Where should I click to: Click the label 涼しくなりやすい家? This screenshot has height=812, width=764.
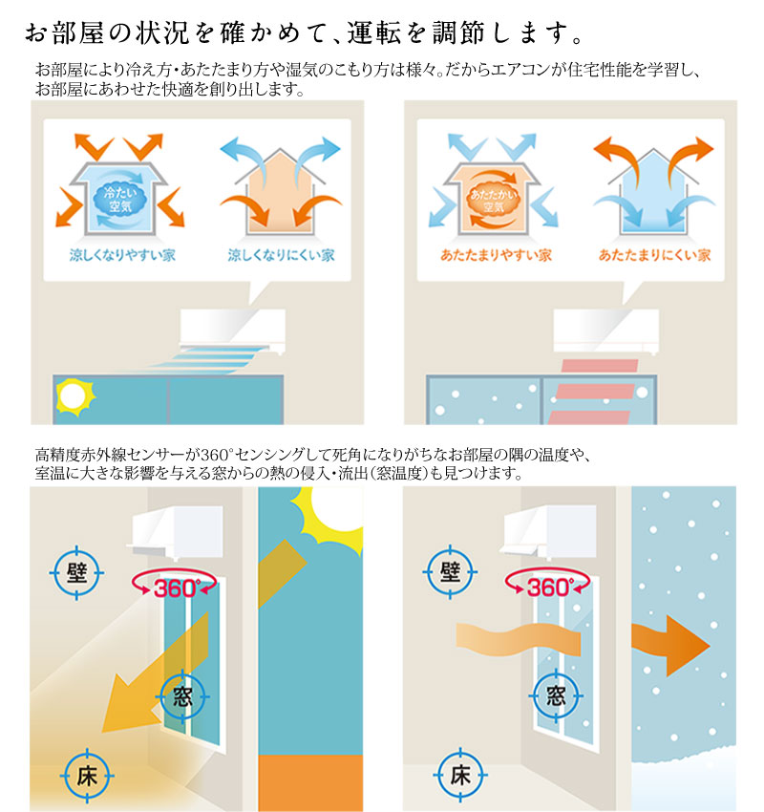122,255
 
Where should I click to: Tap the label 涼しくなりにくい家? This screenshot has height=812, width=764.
281,255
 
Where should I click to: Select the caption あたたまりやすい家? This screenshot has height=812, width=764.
496,255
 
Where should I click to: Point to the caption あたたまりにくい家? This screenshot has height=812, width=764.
654,255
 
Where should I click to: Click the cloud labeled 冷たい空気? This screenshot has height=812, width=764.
120,200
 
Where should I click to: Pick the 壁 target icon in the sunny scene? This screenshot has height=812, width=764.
76,572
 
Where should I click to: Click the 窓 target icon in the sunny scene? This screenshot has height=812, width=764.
182,696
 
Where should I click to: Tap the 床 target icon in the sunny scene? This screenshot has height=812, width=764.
87,776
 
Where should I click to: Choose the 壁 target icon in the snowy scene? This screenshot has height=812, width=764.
450,572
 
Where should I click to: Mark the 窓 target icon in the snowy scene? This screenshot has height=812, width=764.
556,696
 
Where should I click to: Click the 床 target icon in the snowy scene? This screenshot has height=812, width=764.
460,776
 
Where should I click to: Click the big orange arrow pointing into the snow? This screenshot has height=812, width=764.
670,646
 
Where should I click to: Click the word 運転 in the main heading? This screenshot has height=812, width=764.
373,32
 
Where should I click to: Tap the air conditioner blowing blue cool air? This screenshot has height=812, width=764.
232,331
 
